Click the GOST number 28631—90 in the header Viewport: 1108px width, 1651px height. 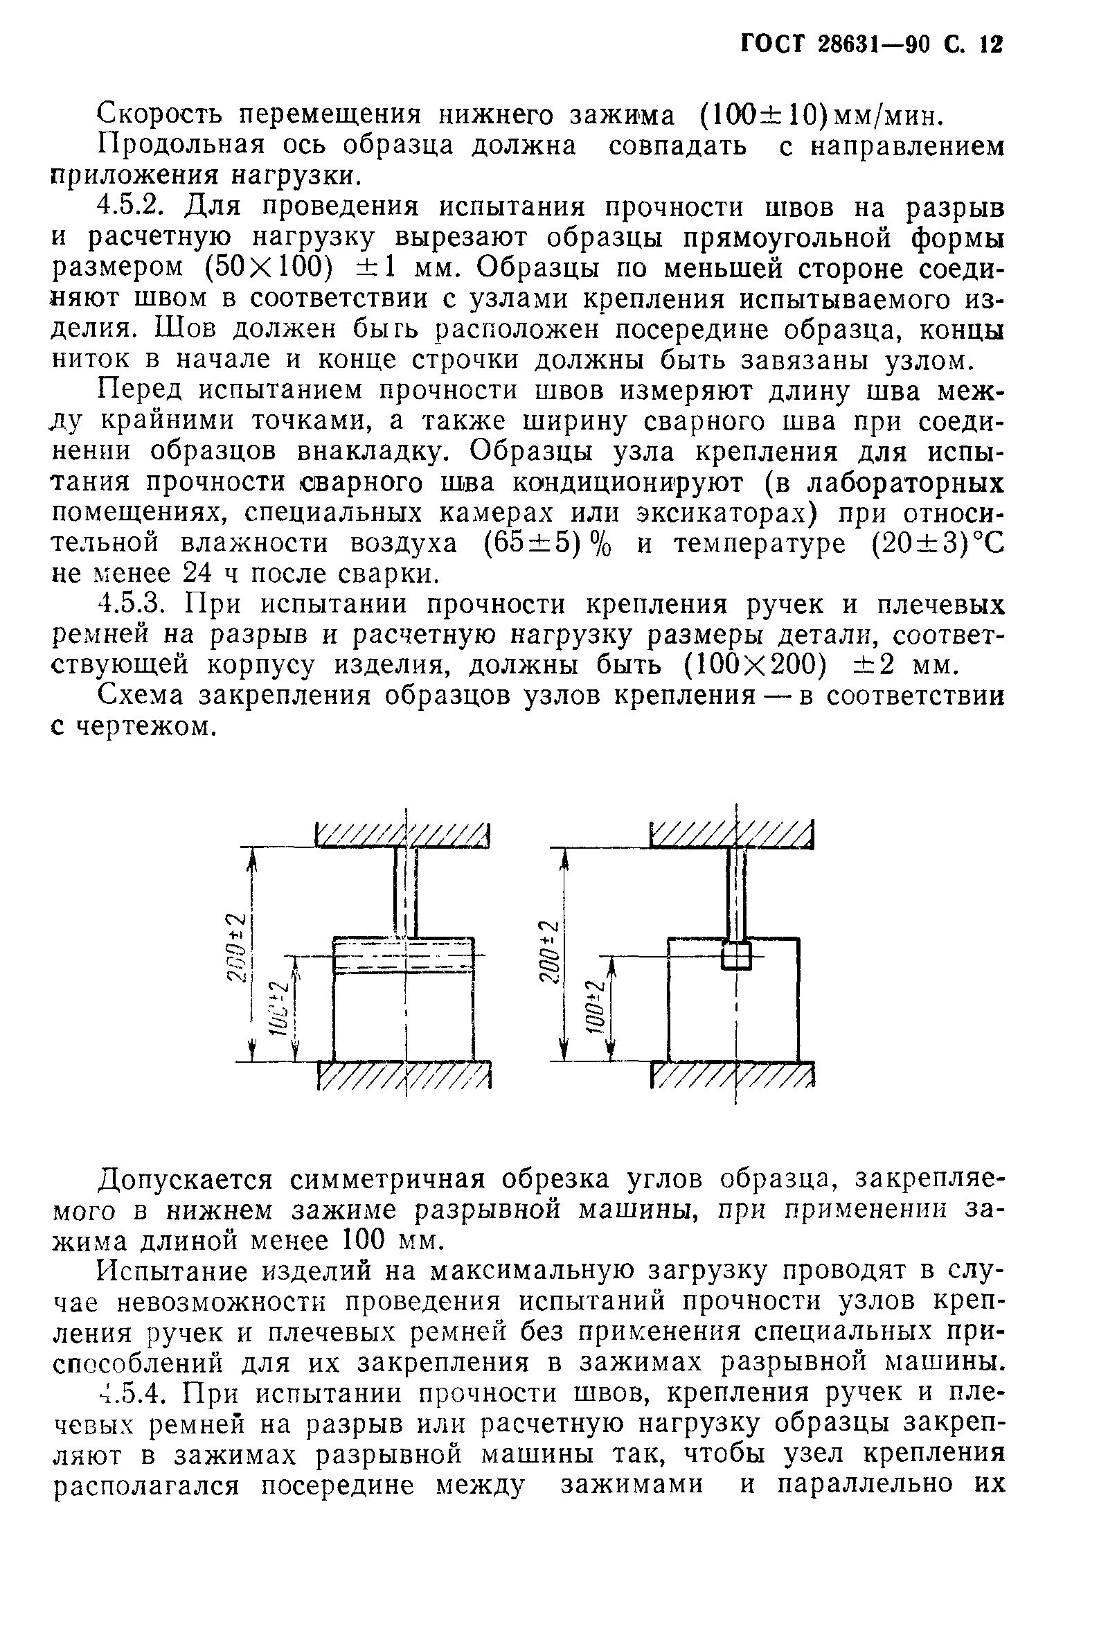[x=873, y=45]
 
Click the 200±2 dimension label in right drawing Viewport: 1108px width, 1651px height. [x=549, y=951]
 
